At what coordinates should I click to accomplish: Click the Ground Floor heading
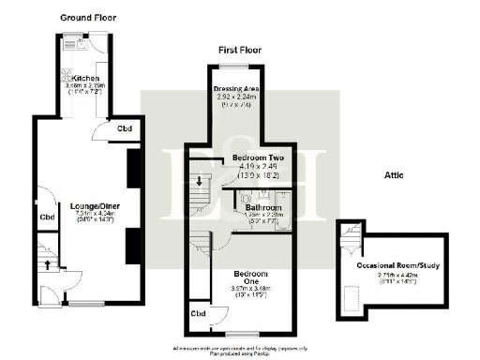pos(87,18)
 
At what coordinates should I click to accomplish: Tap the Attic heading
pos(394,174)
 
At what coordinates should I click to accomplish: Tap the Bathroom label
pos(264,206)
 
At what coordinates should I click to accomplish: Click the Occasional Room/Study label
pos(400,265)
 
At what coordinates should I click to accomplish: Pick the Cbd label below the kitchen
pos(124,128)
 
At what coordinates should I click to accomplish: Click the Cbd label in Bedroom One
pos(198,313)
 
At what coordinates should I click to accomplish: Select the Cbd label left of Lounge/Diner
pos(47,217)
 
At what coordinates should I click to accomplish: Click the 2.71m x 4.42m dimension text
pos(400,275)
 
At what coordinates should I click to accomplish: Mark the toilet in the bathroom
pos(244,199)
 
